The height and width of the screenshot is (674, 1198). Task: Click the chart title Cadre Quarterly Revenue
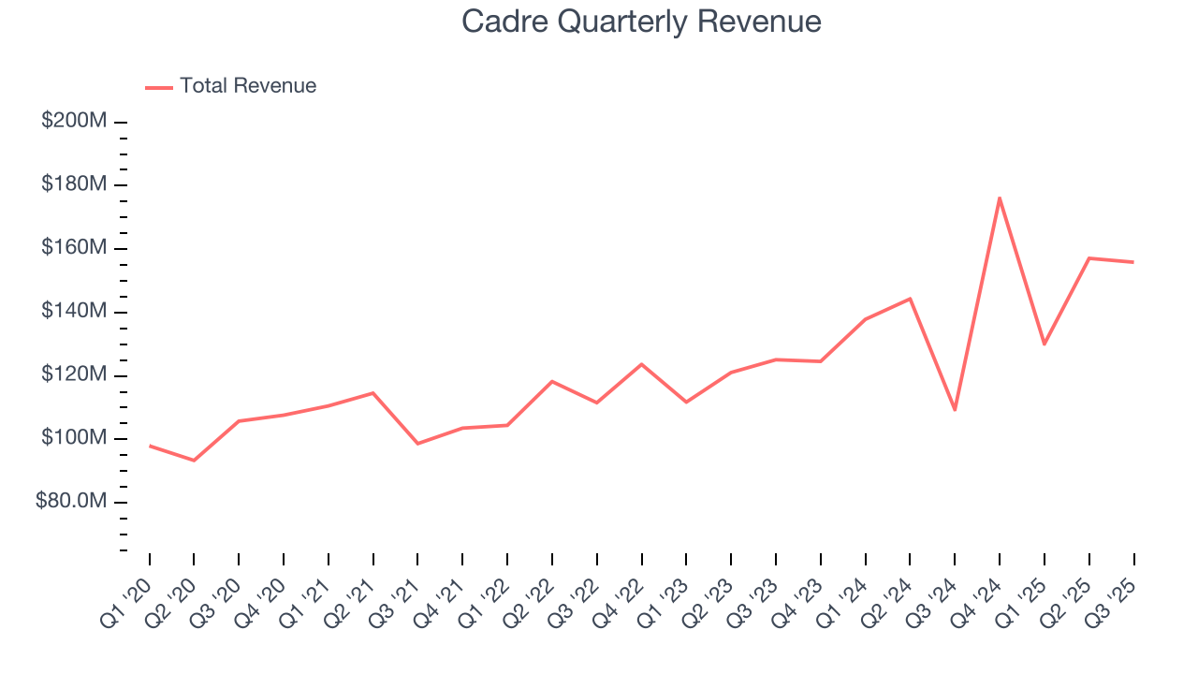[x=641, y=22]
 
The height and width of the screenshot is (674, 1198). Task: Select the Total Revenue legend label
[x=248, y=86]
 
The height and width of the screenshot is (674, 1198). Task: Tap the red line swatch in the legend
[x=159, y=87]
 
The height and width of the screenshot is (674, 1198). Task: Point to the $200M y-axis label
[x=74, y=121]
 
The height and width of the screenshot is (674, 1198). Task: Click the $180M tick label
[x=74, y=184]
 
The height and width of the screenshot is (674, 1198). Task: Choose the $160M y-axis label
[x=74, y=248]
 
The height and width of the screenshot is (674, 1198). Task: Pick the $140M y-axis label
[x=74, y=311]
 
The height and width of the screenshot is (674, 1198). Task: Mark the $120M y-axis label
[x=74, y=374]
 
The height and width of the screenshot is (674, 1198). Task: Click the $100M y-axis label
[x=74, y=438]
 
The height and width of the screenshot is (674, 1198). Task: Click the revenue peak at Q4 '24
[x=1000, y=198]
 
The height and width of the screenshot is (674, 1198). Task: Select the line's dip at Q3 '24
[x=955, y=410]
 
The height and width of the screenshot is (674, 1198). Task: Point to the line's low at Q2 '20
[x=194, y=461]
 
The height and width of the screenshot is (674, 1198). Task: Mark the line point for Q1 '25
[x=1045, y=344]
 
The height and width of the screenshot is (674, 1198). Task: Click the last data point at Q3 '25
[x=1133, y=262]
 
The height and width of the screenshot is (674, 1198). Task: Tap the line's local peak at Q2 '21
[x=373, y=393]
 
